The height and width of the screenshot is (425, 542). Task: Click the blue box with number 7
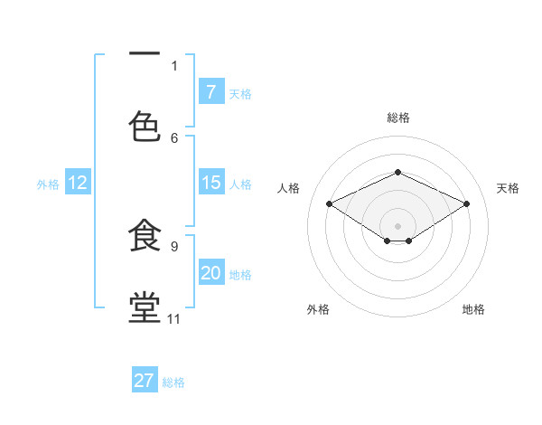pos(211,91)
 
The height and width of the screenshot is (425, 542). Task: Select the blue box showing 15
pos(211,183)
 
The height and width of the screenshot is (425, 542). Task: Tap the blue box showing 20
pos(211,273)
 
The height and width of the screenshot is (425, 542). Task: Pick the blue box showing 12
pos(78,183)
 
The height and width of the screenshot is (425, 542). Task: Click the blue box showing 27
pos(145,381)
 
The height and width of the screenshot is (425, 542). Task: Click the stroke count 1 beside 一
pos(174,65)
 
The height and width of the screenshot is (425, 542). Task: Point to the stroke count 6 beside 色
pos(174,137)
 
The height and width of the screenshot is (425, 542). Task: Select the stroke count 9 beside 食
pos(174,246)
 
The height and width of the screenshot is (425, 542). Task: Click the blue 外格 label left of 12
pos(48,184)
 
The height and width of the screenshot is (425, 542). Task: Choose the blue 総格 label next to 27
pos(173,382)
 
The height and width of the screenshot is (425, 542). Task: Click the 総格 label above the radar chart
pos(397,118)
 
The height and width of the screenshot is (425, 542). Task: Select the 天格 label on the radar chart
pos(508,188)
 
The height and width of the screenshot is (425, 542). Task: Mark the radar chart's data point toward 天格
pos(466,204)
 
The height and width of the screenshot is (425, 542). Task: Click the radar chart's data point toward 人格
pos(330,204)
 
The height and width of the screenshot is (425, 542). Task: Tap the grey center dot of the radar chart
pos(397,225)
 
